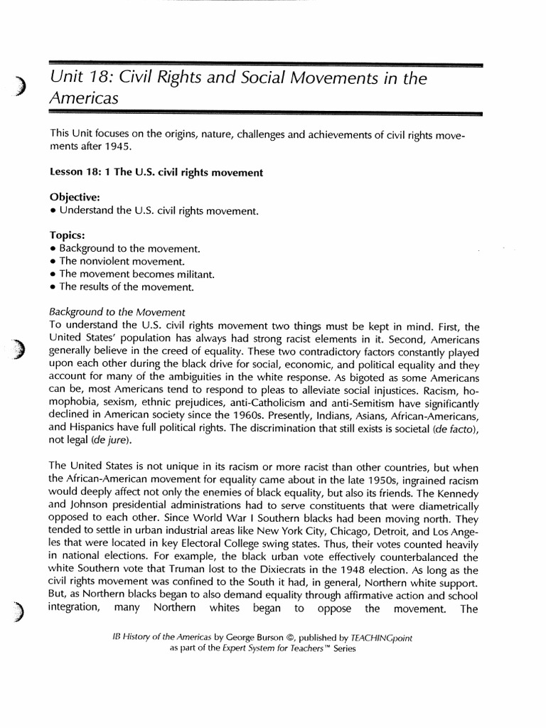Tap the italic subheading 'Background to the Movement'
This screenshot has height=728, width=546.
tap(117, 312)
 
